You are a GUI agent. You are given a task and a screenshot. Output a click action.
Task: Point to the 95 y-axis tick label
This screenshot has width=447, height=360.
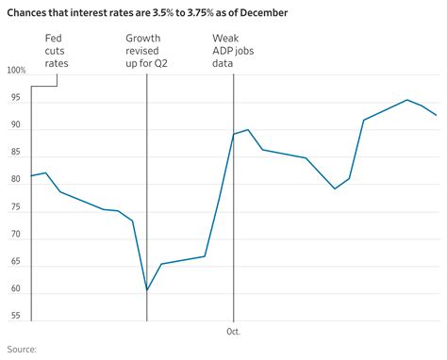point(13,98)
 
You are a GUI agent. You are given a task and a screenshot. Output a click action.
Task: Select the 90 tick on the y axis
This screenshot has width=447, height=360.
point(13,125)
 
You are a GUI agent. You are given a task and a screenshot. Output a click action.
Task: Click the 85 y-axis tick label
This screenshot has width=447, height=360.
point(13,153)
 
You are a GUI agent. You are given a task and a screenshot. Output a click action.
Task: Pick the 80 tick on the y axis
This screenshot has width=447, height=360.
point(13,180)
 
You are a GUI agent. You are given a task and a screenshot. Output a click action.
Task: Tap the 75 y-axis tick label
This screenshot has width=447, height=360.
point(13,206)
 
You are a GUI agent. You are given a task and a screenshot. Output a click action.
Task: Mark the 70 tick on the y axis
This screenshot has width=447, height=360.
point(13,234)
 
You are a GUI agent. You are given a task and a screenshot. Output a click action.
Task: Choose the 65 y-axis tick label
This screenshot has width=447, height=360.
point(13,261)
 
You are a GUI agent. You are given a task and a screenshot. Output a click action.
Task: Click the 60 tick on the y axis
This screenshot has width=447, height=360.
point(13,288)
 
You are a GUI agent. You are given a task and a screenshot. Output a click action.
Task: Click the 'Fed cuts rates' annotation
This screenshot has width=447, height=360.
point(57,51)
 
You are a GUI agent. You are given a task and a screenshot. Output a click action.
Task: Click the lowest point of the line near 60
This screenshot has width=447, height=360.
point(147,290)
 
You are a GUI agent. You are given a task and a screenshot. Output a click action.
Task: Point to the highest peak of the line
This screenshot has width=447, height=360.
point(406,100)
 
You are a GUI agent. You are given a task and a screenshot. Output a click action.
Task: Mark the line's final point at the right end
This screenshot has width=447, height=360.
point(436,115)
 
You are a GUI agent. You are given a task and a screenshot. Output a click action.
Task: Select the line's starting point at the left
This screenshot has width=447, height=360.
point(31,176)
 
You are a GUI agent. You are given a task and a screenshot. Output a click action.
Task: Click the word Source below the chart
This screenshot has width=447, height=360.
point(20,350)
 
